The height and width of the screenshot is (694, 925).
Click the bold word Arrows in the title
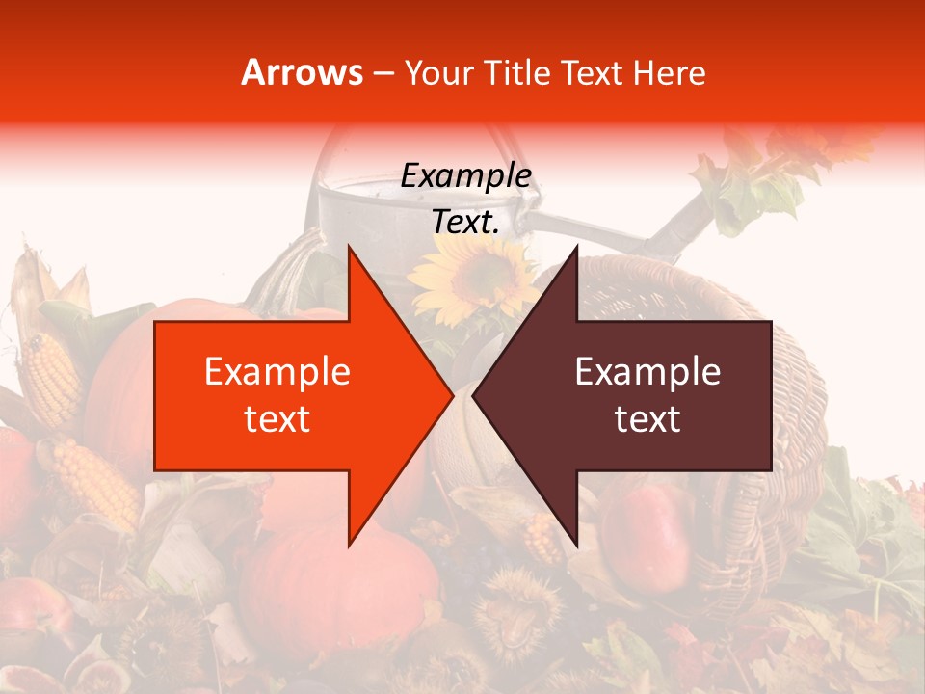pyautogui.click(x=303, y=72)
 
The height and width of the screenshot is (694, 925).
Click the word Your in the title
pyautogui.click(x=438, y=72)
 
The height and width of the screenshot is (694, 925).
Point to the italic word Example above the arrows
pyautogui.click(x=465, y=175)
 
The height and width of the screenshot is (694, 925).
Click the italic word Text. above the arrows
pyautogui.click(x=465, y=222)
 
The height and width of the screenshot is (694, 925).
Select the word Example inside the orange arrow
pyautogui.click(x=277, y=371)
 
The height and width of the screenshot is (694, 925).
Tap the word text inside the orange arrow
pyautogui.click(x=277, y=418)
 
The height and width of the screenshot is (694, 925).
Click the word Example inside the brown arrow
pyautogui.click(x=647, y=371)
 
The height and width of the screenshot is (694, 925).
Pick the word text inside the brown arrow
pyautogui.click(x=647, y=418)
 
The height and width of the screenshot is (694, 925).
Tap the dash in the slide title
pyautogui.click(x=382, y=73)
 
